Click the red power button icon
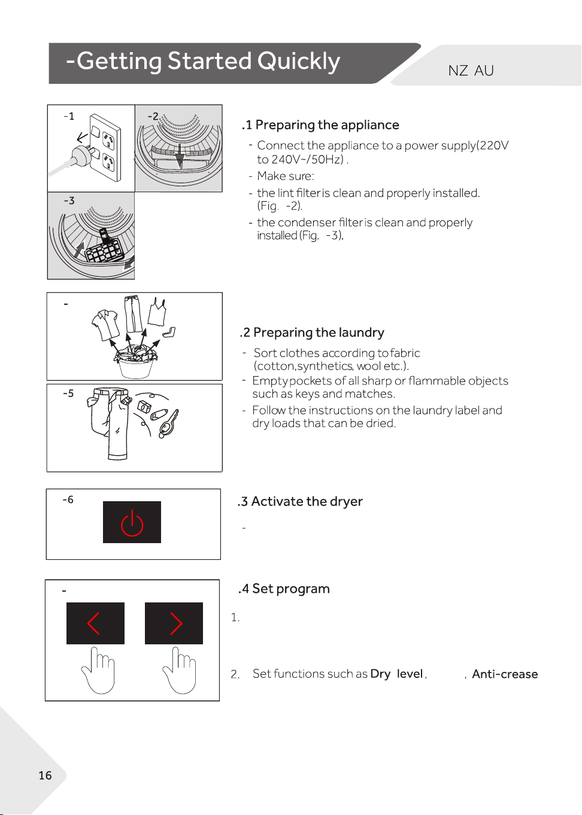pyautogui.click(x=132, y=522)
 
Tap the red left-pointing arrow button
pyautogui.click(x=95, y=623)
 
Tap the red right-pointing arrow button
pyautogui.click(x=174, y=623)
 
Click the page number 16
pyautogui.click(x=45, y=775)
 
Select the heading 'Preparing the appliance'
pyautogui.click(x=327, y=125)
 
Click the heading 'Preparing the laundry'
pyautogui.click(x=319, y=332)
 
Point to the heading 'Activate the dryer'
pyautogui.click(x=307, y=501)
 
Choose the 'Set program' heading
pyautogui.click(x=291, y=589)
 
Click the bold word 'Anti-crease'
pyautogui.click(x=505, y=674)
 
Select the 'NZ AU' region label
pyautogui.click(x=471, y=71)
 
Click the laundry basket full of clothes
pyautogui.click(x=135, y=362)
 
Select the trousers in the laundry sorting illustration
pyautogui.click(x=133, y=314)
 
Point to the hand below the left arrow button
pyautogui.click(x=98, y=670)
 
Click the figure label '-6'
pyautogui.click(x=68, y=499)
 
